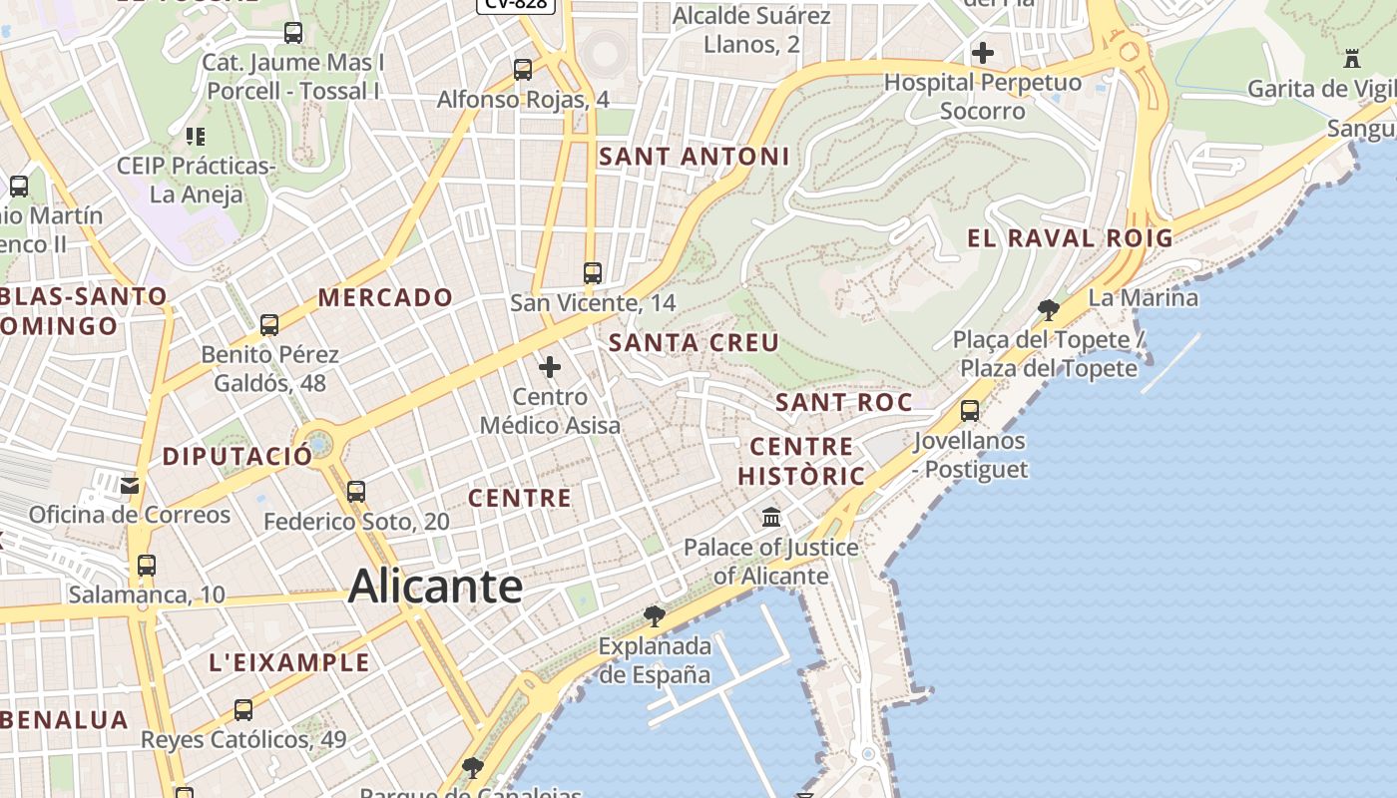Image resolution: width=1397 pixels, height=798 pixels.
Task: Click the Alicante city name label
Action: pyautogui.click(x=435, y=587)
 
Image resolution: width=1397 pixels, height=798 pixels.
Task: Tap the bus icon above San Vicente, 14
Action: pyautogui.click(x=593, y=272)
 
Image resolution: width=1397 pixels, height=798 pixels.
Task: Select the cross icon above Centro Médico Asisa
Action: pyautogui.click(x=550, y=367)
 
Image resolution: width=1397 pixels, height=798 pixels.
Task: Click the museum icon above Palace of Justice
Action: pyautogui.click(x=771, y=518)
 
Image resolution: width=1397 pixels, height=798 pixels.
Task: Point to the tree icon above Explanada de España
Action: pyautogui.click(x=655, y=615)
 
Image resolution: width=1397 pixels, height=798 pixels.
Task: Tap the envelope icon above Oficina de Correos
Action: pyautogui.click(x=130, y=486)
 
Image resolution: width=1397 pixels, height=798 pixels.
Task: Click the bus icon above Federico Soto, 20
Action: pyautogui.click(x=356, y=492)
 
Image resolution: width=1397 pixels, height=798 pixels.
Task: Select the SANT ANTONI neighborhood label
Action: pyautogui.click(x=695, y=157)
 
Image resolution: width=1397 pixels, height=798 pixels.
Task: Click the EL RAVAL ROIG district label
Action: pyautogui.click(x=1070, y=238)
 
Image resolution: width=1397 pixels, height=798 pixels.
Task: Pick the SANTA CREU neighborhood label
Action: pyautogui.click(x=695, y=343)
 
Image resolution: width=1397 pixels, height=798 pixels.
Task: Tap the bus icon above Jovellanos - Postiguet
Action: pyautogui.click(x=970, y=410)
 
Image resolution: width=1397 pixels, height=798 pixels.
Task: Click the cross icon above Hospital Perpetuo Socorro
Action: pyautogui.click(x=983, y=53)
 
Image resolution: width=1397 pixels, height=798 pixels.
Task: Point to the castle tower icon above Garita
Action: pyautogui.click(x=1352, y=59)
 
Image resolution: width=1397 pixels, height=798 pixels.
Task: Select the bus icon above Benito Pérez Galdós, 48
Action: pyautogui.click(x=269, y=325)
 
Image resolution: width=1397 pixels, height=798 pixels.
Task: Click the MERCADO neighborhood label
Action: pyautogui.click(x=385, y=297)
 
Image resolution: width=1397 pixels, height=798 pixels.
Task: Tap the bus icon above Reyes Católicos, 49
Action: pyautogui.click(x=243, y=710)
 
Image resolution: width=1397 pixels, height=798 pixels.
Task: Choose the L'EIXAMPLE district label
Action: pyautogui.click(x=289, y=662)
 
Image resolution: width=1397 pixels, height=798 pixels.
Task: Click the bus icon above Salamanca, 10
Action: pyautogui.click(x=147, y=566)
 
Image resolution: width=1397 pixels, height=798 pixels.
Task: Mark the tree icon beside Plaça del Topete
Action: pyautogui.click(x=1048, y=309)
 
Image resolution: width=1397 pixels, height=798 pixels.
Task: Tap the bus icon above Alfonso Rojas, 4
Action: pyautogui.click(x=523, y=70)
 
